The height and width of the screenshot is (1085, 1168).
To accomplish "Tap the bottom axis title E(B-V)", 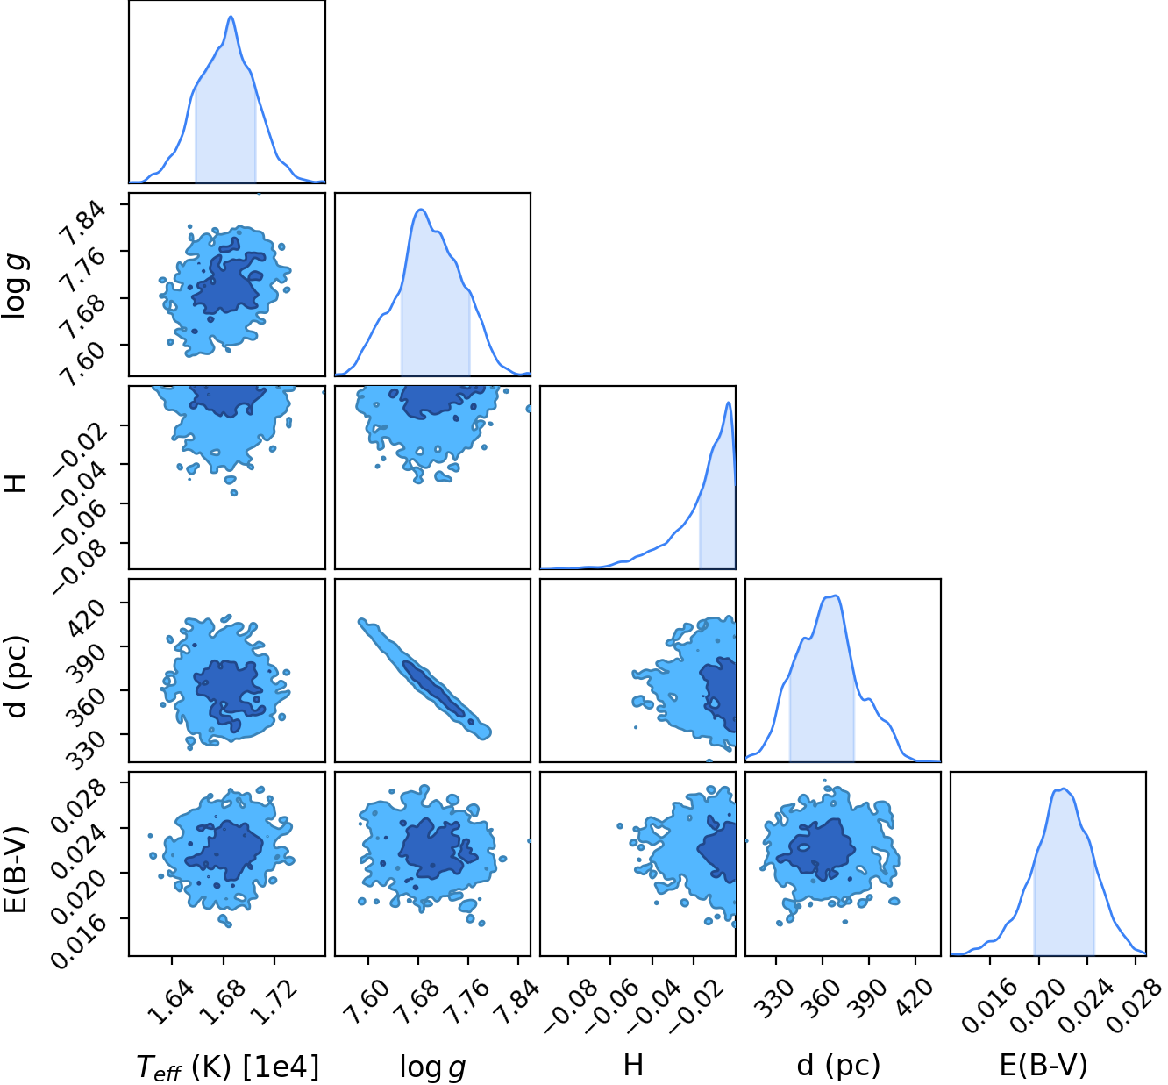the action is pyautogui.click(x=1043, y=1065).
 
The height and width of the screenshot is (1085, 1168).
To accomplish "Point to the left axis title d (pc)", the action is pyautogui.click(x=18, y=677).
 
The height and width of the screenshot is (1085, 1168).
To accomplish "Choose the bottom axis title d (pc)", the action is pyautogui.click(x=838, y=1065).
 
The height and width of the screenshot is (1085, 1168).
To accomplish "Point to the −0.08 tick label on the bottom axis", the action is pyautogui.click(x=566, y=1007).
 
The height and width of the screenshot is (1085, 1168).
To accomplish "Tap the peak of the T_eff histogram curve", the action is pyautogui.click(x=231, y=17).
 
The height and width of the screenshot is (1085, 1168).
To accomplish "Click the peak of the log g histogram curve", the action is pyautogui.click(x=421, y=210).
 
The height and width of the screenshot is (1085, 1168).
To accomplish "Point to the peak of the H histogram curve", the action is pyautogui.click(x=729, y=403).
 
